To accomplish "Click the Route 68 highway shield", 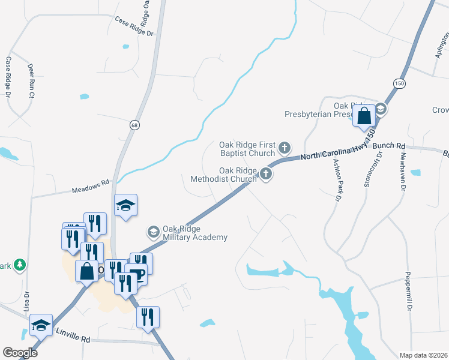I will click(x=134, y=124).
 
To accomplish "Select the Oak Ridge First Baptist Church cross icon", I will click(x=285, y=148).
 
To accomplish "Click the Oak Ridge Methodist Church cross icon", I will click(x=266, y=175).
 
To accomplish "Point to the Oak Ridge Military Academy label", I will click(x=195, y=233).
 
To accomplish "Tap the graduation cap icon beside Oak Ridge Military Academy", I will click(x=153, y=231).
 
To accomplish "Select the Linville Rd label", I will click(x=73, y=335).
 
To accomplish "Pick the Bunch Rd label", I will click(x=389, y=146).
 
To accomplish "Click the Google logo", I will click(x=20, y=352).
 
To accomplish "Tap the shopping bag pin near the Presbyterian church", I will click(x=364, y=116).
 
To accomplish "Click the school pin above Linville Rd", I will click(x=41, y=325).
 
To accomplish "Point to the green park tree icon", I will click(x=19, y=265).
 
